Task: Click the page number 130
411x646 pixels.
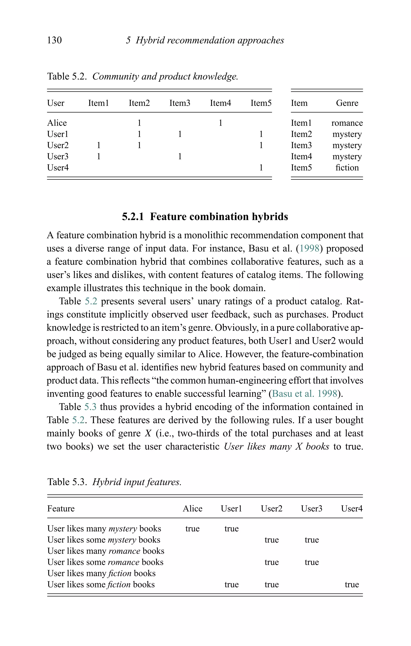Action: coord(54,40)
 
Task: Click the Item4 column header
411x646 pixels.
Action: coord(220,103)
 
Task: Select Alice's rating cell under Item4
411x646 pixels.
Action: coord(220,123)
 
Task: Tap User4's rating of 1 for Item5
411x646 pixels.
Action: coord(261,168)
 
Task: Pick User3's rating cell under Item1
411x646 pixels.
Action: coord(99,156)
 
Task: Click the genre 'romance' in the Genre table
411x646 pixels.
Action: coord(347,123)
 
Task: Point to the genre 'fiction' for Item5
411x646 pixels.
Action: coord(347,168)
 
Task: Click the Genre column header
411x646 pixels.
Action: coord(347,103)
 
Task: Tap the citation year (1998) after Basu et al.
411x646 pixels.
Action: coord(309,248)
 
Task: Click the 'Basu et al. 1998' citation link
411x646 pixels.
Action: coord(304,393)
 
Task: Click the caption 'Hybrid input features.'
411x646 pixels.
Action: coord(137,482)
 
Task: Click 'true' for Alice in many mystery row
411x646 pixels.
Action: coord(192,529)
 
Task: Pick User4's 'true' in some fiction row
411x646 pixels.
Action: coord(352,585)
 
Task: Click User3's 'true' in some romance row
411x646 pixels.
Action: coord(311,562)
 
